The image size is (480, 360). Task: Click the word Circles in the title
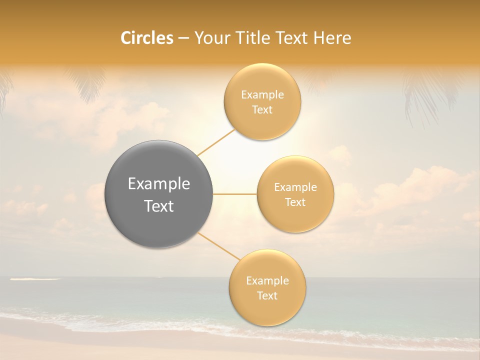click(146, 38)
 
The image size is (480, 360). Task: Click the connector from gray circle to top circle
click(216, 142)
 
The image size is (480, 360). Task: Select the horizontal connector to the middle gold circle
click(235, 194)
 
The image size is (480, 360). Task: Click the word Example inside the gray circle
click(159, 184)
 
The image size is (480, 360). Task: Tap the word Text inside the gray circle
click(159, 206)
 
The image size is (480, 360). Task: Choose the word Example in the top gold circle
click(262, 95)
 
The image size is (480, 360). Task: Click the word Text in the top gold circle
click(262, 110)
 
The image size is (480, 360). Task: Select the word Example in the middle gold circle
click(295, 187)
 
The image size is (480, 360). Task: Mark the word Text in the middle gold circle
click(295, 202)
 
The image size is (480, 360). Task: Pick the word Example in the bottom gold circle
click(267, 281)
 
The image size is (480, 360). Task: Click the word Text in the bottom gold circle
click(267, 296)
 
